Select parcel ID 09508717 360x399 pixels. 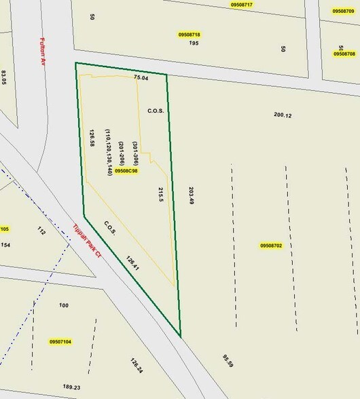pos(242,5)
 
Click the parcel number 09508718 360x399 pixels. pos(190,34)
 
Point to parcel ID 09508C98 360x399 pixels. pos(126,171)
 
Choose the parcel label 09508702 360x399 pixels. pos(270,245)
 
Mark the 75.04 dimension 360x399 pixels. pos(141,78)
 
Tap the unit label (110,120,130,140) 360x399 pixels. pos(108,153)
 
